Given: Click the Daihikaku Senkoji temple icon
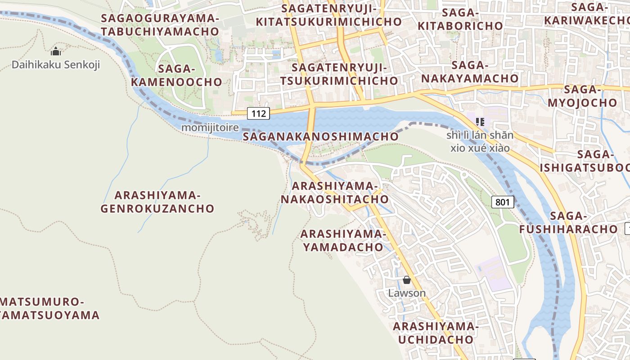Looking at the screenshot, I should pos(56,51).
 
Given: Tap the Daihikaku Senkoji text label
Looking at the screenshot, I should pos(56,65).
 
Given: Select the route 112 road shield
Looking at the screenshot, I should pos(259,113).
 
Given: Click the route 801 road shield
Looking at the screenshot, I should pos(502,202).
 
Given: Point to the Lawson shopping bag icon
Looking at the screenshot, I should pos(407,280).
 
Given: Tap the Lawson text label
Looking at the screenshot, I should pos(407,293).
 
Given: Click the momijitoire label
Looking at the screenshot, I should pos(210,128).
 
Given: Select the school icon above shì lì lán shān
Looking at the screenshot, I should pos(480,121).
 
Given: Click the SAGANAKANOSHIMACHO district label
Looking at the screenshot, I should pos(320,136).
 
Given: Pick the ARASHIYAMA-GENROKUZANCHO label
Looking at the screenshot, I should pos(157,202).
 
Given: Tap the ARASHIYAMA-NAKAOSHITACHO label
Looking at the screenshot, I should pos(334,192).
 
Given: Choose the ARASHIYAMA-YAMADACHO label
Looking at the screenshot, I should pos(343,240).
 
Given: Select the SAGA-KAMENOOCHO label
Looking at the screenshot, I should pos(176,76).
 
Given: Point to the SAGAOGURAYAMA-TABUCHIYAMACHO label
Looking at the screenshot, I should pos(160,25).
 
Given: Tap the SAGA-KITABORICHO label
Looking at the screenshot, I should pos(460,19).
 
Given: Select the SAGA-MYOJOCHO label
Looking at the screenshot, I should pos(582,96).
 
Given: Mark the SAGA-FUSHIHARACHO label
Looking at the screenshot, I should pos(569,223).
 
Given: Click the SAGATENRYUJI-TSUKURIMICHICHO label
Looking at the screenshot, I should pos(339,74).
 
